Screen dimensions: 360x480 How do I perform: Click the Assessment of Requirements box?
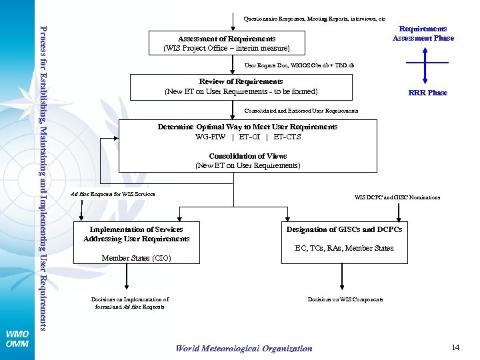point(227,43)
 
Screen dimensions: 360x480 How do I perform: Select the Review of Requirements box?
point(241,87)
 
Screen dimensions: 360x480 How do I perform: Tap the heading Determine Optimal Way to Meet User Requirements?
point(247,127)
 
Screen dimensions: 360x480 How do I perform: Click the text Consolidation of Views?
point(247,156)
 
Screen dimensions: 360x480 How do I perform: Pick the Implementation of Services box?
point(137,234)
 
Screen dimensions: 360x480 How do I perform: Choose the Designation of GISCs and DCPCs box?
point(344,229)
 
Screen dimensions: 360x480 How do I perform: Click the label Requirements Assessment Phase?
point(423,33)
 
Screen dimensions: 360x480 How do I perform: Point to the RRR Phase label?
point(427,93)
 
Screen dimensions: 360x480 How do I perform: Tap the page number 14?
point(456,347)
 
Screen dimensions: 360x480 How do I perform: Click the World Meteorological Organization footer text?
point(243,348)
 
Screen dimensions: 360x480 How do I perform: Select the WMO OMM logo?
point(17,339)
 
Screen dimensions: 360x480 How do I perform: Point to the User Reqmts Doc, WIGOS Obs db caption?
point(299,66)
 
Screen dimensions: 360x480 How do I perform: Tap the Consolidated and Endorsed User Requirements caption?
point(301,111)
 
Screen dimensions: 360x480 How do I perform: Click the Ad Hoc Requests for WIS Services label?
point(113,194)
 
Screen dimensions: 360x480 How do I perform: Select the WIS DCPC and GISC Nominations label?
point(397,197)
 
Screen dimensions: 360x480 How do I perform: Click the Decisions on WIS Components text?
point(345,299)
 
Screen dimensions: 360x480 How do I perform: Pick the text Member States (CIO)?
point(136,258)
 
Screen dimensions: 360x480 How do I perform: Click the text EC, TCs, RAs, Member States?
point(344,248)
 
